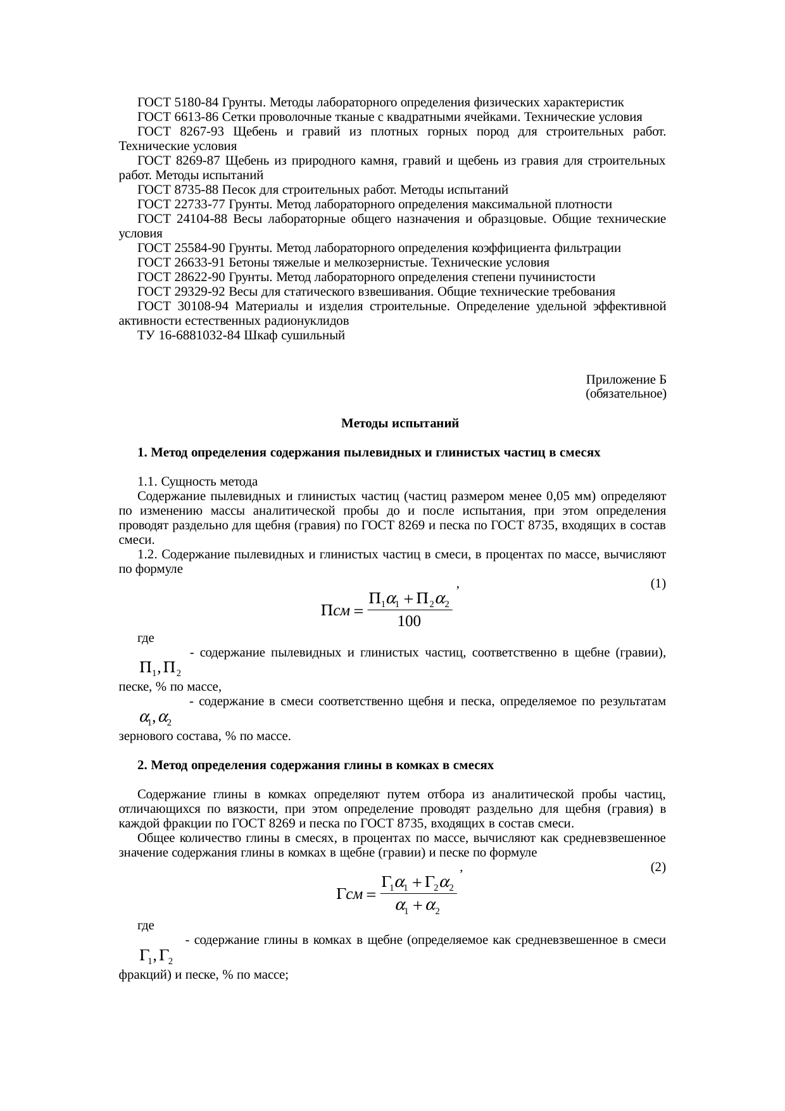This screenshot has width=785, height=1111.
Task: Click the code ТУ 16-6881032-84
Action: click(x=189, y=336)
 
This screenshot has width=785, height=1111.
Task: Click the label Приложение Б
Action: click(x=625, y=379)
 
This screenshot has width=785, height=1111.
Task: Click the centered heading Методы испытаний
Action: click(x=399, y=424)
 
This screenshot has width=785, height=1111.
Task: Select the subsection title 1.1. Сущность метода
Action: click(x=198, y=482)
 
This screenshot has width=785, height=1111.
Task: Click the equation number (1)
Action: click(x=658, y=584)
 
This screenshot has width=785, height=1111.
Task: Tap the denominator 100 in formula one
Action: click(x=409, y=622)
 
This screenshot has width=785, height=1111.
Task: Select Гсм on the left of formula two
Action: click(x=349, y=894)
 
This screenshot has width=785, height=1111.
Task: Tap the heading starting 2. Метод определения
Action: click(x=315, y=765)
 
